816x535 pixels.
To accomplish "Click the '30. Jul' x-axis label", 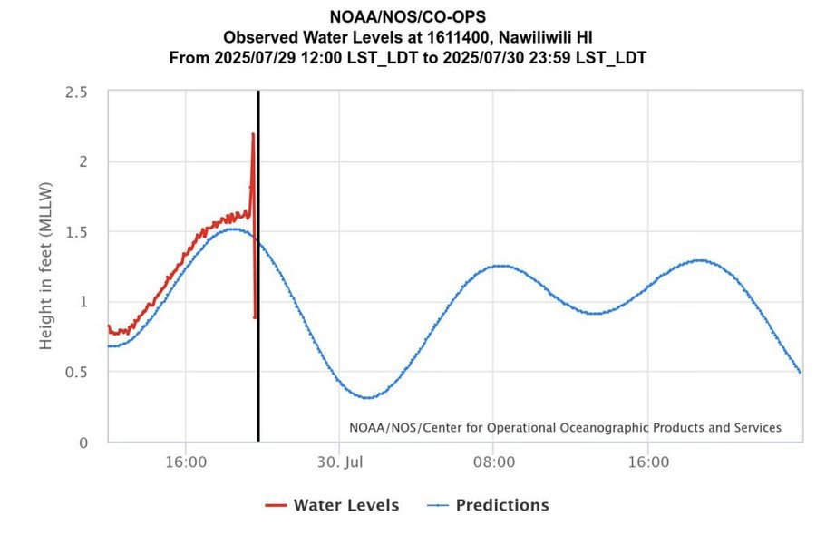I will click(339, 462).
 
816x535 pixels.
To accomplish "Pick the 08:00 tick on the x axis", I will click(493, 462).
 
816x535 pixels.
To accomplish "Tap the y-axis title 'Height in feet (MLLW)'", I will click(47, 267).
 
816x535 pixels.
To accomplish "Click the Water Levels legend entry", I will click(345, 505).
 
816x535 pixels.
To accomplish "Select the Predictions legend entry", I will click(501, 505).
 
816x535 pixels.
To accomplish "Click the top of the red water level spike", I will click(253, 134).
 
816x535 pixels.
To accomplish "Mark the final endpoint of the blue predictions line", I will click(800, 372).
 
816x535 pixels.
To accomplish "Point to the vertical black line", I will click(258, 272).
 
